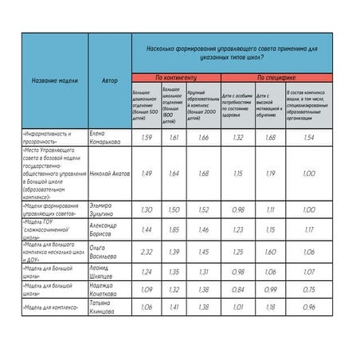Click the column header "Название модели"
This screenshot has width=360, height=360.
(x=55, y=81)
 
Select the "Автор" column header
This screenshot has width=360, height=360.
(x=110, y=81)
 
